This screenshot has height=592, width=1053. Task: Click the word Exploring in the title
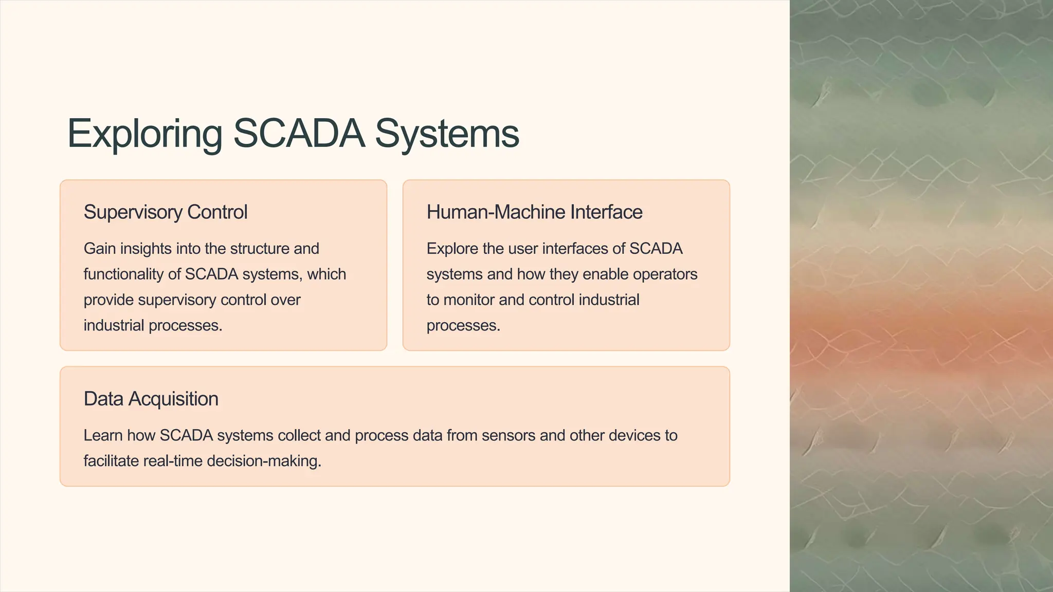coord(144,134)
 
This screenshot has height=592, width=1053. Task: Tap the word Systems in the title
coord(447,134)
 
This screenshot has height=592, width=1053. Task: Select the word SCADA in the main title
coord(299,134)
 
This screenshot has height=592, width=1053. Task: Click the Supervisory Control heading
coord(165,212)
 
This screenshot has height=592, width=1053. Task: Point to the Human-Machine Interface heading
coord(534,212)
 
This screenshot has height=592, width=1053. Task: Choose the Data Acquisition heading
coord(151,399)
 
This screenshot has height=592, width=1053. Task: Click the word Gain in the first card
coord(99,249)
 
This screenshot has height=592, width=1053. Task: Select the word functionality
coord(123,274)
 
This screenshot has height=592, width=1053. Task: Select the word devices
coord(634,436)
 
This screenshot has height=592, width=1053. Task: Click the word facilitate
coord(111,461)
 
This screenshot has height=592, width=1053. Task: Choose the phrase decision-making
coord(264,461)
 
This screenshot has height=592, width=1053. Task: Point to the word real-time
coord(172,461)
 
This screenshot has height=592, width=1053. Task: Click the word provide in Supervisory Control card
coord(108,300)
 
